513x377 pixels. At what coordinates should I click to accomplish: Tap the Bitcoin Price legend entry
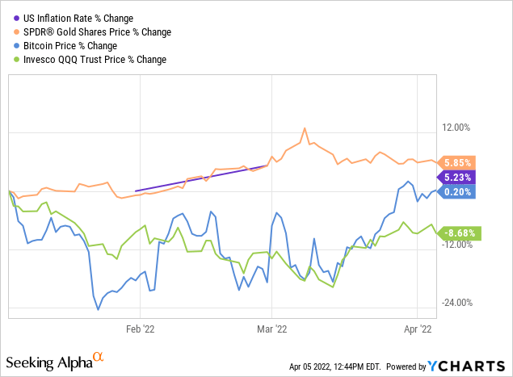(x=76, y=45)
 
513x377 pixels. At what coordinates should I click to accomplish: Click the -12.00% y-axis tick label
(x=458, y=245)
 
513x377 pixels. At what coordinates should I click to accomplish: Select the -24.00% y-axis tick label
(x=458, y=303)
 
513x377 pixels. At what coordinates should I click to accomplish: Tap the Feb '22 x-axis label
(x=140, y=329)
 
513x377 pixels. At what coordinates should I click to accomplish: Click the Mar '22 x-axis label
(x=271, y=329)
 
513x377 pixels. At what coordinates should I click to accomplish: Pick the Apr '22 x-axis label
(x=416, y=329)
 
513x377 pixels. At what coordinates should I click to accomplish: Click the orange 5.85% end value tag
(x=458, y=161)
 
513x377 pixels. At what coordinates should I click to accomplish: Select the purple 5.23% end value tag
(x=458, y=177)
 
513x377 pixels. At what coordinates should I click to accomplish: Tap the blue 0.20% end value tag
(x=458, y=191)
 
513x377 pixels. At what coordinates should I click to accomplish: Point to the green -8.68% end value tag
(x=458, y=233)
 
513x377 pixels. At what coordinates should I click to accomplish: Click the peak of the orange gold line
(x=305, y=128)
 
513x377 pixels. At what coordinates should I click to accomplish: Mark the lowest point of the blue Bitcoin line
(x=99, y=309)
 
